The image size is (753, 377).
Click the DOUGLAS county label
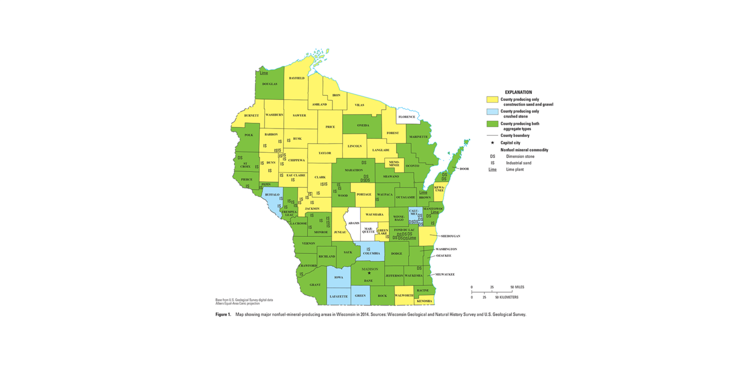[269, 84]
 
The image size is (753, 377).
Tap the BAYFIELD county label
[296, 78]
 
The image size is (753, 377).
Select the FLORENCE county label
[406, 117]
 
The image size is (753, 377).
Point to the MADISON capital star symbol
[369, 273]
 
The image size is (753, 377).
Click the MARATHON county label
[354, 170]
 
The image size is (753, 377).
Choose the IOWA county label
[339, 277]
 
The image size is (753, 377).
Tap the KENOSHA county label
[424, 301]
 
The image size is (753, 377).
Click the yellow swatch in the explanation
[492, 100]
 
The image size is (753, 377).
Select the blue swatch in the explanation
[492, 112]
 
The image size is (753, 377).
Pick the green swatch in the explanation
[492, 124]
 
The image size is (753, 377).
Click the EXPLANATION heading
[518, 92]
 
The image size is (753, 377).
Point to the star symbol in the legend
[492, 143]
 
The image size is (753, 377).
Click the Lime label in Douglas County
[264, 73]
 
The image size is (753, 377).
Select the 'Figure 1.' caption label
[223, 314]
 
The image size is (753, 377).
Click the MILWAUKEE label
[445, 274]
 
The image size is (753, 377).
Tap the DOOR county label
[464, 169]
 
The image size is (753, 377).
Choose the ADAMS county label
[353, 223]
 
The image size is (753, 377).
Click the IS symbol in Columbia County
[369, 249]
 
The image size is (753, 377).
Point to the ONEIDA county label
[363, 125]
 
